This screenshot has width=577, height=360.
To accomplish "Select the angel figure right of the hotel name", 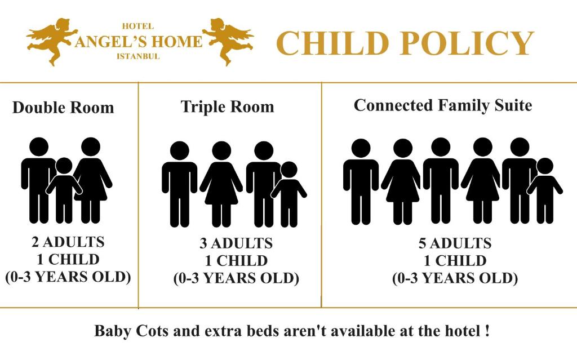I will click(x=228, y=41).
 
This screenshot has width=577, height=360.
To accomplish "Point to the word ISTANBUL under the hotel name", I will click(x=138, y=56).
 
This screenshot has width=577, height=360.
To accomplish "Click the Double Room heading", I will click(x=63, y=108).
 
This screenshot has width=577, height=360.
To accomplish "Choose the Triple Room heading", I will click(x=227, y=107).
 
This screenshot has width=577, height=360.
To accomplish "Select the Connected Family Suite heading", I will click(x=443, y=105).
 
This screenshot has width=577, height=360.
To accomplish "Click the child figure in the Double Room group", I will click(x=64, y=189).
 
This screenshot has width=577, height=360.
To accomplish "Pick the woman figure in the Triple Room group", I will click(x=221, y=183).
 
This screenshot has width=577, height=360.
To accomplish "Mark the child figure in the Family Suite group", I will click(x=544, y=189).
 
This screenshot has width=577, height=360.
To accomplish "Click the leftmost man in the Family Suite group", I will click(x=361, y=180).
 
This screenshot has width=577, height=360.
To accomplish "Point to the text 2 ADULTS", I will click(x=68, y=242).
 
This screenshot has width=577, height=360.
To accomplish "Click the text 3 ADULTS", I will click(x=236, y=243).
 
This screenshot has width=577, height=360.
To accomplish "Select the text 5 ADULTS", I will click(x=455, y=243).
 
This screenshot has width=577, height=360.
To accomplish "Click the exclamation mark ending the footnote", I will click(x=486, y=331).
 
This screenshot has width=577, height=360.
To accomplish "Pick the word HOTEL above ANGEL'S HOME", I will click(x=138, y=26).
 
